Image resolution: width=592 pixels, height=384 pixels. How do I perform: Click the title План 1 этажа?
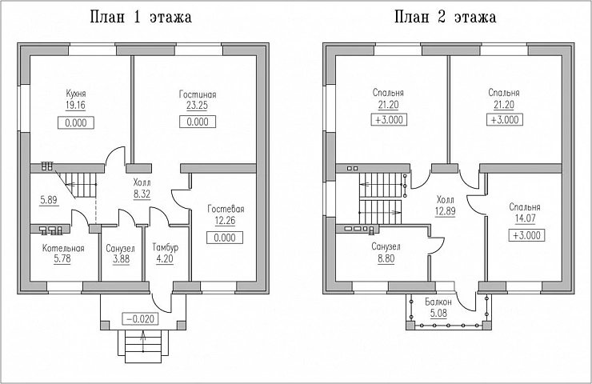(141, 18)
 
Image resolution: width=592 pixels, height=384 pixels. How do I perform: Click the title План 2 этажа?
(446, 18)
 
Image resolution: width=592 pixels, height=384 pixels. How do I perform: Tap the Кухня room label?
(76, 94)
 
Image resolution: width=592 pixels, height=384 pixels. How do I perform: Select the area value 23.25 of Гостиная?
(197, 106)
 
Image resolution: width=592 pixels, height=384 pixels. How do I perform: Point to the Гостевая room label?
(226, 209)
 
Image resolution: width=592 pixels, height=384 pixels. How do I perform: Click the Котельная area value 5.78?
(62, 259)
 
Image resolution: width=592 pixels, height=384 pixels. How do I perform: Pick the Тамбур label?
(166, 248)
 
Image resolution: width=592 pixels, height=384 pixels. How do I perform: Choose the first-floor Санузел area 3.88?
(121, 259)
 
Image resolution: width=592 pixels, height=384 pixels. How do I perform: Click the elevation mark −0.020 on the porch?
(140, 319)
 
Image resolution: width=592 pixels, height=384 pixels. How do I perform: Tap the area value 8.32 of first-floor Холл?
(142, 194)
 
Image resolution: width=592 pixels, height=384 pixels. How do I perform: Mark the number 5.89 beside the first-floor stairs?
(49, 200)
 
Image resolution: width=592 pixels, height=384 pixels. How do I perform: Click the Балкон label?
(438, 302)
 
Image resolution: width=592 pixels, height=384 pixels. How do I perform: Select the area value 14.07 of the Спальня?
(525, 218)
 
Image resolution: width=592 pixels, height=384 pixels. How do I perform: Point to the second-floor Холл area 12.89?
(445, 211)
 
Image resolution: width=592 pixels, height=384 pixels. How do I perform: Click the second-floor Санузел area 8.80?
(386, 258)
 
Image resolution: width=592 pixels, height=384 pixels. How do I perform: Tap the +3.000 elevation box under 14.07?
(526, 235)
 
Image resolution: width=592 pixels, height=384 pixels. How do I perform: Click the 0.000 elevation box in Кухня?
(75, 123)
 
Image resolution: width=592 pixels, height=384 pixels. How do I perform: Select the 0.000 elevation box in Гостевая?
(225, 238)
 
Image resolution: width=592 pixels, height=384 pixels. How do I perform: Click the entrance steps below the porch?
(143, 346)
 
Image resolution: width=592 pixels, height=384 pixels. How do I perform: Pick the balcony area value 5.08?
(438, 314)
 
